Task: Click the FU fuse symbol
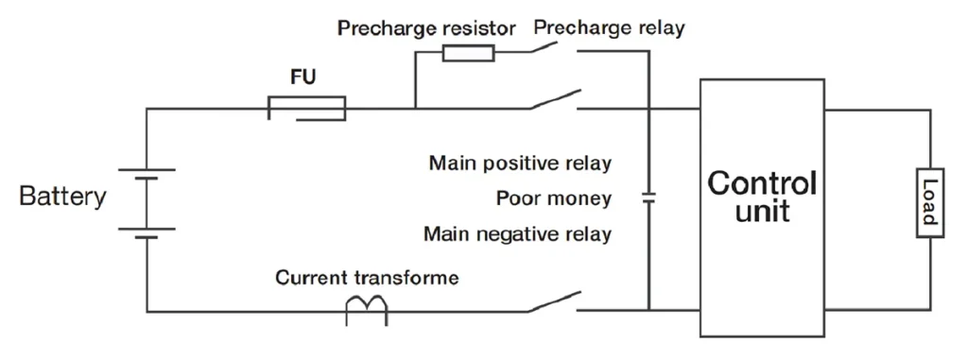306,109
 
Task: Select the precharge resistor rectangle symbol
469,53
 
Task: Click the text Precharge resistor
426,28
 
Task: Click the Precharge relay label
609,27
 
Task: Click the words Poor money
554,198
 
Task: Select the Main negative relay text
517,234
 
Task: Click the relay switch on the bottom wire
554,302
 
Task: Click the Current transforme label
368,278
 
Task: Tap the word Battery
63,197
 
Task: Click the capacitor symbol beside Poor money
648,198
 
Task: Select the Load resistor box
930,203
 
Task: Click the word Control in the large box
762,184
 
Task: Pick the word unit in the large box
762,212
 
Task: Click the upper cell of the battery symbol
147,174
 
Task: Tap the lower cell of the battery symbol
147,232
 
